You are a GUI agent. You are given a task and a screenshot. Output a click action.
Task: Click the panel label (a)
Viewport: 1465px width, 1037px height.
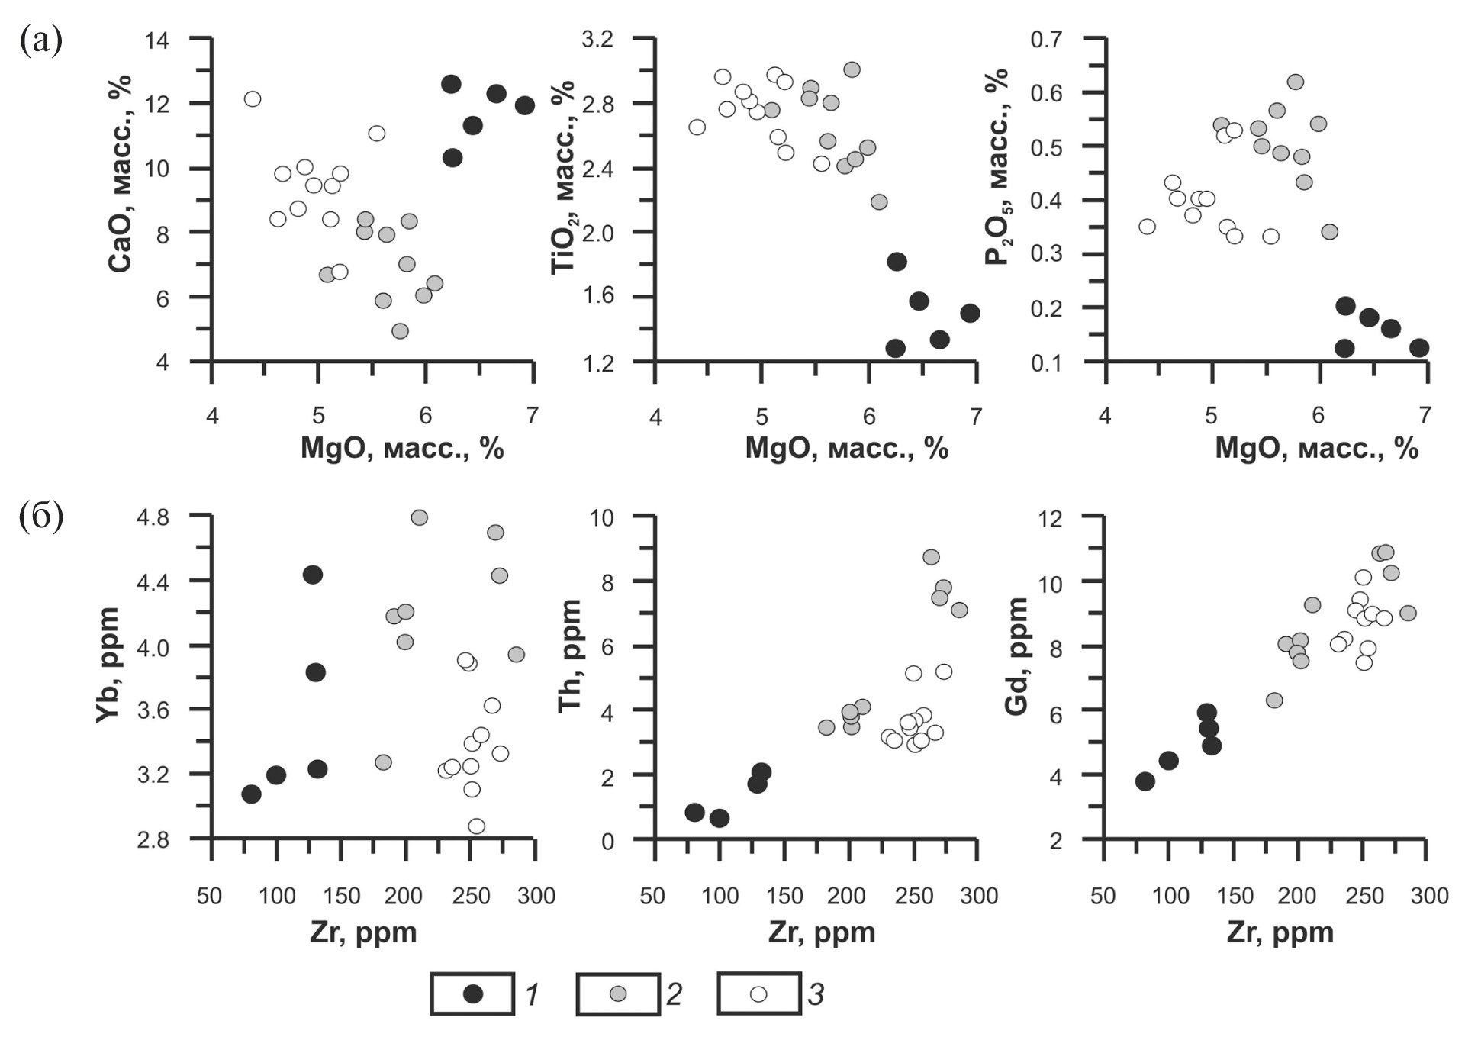pos(40,40)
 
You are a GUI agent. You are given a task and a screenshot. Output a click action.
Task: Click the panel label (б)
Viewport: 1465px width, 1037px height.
pos(40,517)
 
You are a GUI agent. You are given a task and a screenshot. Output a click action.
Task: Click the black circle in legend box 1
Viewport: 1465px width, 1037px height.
pos(473,994)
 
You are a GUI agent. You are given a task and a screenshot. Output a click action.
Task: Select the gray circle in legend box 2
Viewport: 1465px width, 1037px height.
pos(618,994)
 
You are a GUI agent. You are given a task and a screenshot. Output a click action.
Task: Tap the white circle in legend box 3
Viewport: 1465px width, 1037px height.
pos(758,994)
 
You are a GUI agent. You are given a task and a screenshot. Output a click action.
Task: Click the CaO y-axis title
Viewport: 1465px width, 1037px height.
pos(121,173)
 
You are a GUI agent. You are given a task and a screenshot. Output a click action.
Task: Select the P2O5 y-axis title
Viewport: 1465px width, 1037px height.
pos(998,166)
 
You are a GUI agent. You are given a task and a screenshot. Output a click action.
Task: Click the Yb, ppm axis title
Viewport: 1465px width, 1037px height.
pos(108,665)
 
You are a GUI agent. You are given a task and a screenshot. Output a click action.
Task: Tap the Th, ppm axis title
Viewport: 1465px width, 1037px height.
pos(570,656)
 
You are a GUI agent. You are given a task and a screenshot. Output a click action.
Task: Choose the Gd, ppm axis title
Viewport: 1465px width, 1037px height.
pos(1017,656)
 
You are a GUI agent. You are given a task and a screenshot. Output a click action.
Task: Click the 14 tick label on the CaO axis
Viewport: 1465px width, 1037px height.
pos(157,40)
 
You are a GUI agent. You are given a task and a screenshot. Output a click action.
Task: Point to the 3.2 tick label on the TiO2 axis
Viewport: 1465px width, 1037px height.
pos(597,40)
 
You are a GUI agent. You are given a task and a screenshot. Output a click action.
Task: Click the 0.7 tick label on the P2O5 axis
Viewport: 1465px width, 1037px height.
pos(1046,40)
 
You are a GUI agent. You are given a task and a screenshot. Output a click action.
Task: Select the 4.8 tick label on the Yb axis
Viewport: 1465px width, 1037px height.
pos(153,517)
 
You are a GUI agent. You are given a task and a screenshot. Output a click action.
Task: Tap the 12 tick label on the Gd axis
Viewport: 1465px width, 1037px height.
pos(1050,519)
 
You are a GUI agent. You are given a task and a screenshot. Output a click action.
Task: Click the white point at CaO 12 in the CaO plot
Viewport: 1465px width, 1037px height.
pos(253,99)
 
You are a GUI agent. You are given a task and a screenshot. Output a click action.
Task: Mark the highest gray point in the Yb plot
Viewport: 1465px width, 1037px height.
pos(419,517)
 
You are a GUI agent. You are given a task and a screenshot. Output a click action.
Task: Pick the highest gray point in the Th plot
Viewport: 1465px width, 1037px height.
pos(931,557)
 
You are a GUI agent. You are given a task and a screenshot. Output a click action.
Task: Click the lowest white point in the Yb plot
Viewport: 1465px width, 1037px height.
pos(476,826)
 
